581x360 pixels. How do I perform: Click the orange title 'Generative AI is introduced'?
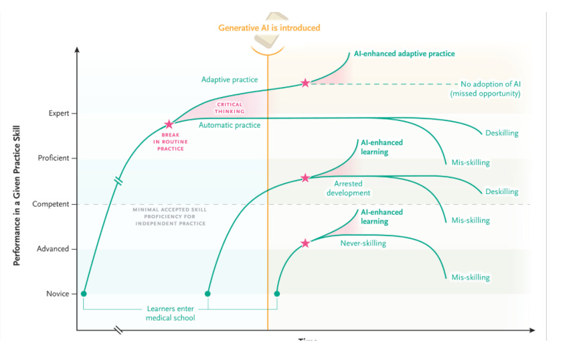269,28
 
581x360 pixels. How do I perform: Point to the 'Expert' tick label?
58,114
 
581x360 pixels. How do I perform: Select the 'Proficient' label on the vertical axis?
54,159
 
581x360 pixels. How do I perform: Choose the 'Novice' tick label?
58,294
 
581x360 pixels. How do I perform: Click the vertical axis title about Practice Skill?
17,194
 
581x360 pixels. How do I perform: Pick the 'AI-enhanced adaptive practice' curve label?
404,54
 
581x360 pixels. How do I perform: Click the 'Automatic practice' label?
230,125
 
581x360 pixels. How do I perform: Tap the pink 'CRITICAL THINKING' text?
230,108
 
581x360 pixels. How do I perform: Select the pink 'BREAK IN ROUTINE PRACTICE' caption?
169,142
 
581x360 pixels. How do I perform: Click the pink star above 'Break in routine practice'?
169,124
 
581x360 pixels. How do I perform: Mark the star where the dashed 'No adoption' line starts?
305,83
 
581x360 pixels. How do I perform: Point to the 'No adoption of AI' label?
491,88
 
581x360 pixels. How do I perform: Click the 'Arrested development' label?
348,188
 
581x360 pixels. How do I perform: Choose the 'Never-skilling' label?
363,244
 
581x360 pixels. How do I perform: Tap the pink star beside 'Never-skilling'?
305,244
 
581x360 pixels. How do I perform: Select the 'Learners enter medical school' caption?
171,313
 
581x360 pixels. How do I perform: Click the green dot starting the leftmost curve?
84,293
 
